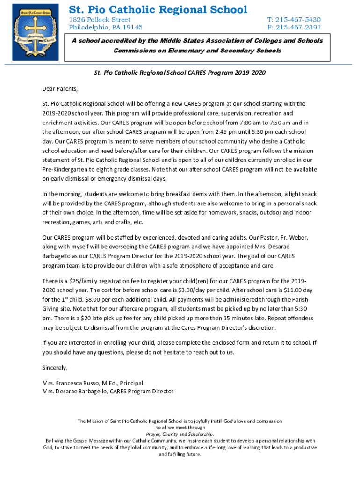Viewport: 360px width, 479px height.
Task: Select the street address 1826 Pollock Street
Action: (100, 20)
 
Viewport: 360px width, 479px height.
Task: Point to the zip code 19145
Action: (132, 27)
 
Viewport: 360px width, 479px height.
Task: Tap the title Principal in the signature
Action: (131, 383)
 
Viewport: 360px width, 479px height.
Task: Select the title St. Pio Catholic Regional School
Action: (158, 9)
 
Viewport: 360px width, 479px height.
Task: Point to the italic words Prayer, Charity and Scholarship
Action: (180, 434)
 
